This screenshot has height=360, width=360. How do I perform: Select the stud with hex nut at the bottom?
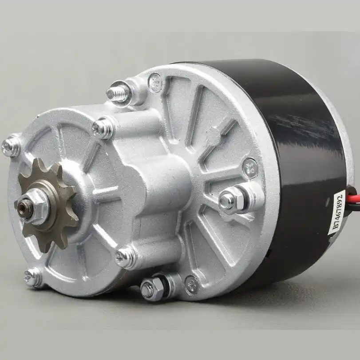click(x=149, y=289)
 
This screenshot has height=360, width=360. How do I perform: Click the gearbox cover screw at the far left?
click(x=10, y=147)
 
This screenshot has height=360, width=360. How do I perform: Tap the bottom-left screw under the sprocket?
click(x=33, y=277)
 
